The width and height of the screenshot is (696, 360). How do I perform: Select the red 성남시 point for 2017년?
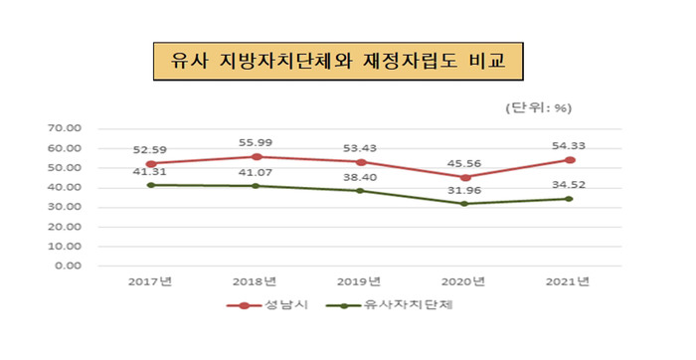[x=150, y=163]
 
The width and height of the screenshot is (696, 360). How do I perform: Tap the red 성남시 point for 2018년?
[x=256, y=156]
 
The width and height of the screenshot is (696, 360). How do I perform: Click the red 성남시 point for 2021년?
[x=570, y=159]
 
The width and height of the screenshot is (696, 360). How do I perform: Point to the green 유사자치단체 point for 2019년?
[x=360, y=191]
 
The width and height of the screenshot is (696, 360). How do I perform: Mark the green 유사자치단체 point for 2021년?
[x=570, y=199]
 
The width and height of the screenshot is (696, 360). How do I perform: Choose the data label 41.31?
[x=150, y=173]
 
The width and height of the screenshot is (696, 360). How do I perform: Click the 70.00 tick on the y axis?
[x=64, y=128]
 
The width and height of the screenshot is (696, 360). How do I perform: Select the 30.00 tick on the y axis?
[x=64, y=207]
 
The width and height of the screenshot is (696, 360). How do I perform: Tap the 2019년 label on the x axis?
[x=360, y=282]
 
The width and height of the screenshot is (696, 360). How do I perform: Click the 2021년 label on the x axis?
[x=570, y=282]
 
